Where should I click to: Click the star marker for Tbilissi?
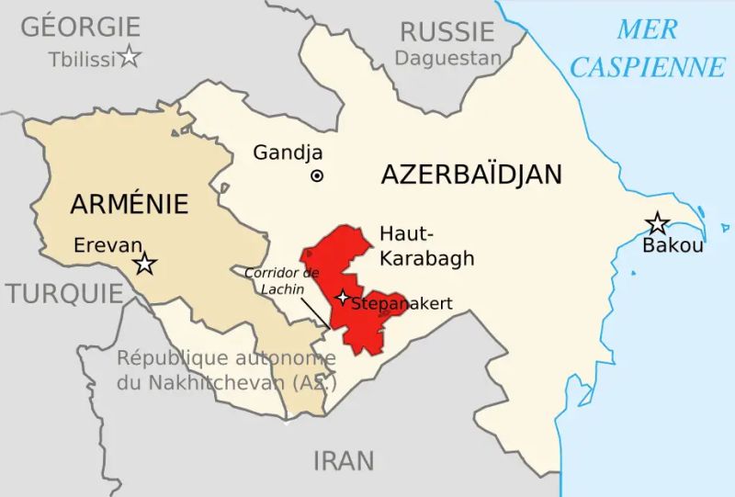(130, 58)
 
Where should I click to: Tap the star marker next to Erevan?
(144, 265)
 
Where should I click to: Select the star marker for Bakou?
(657, 223)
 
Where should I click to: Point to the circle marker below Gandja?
(317, 175)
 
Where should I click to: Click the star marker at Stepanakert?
(343, 297)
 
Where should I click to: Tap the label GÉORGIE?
(81, 27)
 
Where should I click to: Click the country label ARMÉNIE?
(129, 203)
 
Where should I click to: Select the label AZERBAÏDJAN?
(471, 175)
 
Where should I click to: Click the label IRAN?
(345, 460)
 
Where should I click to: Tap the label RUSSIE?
(447, 31)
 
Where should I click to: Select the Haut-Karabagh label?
(426, 246)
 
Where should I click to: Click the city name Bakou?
(673, 245)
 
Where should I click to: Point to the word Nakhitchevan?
(213, 382)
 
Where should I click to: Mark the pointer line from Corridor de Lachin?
(318, 312)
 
